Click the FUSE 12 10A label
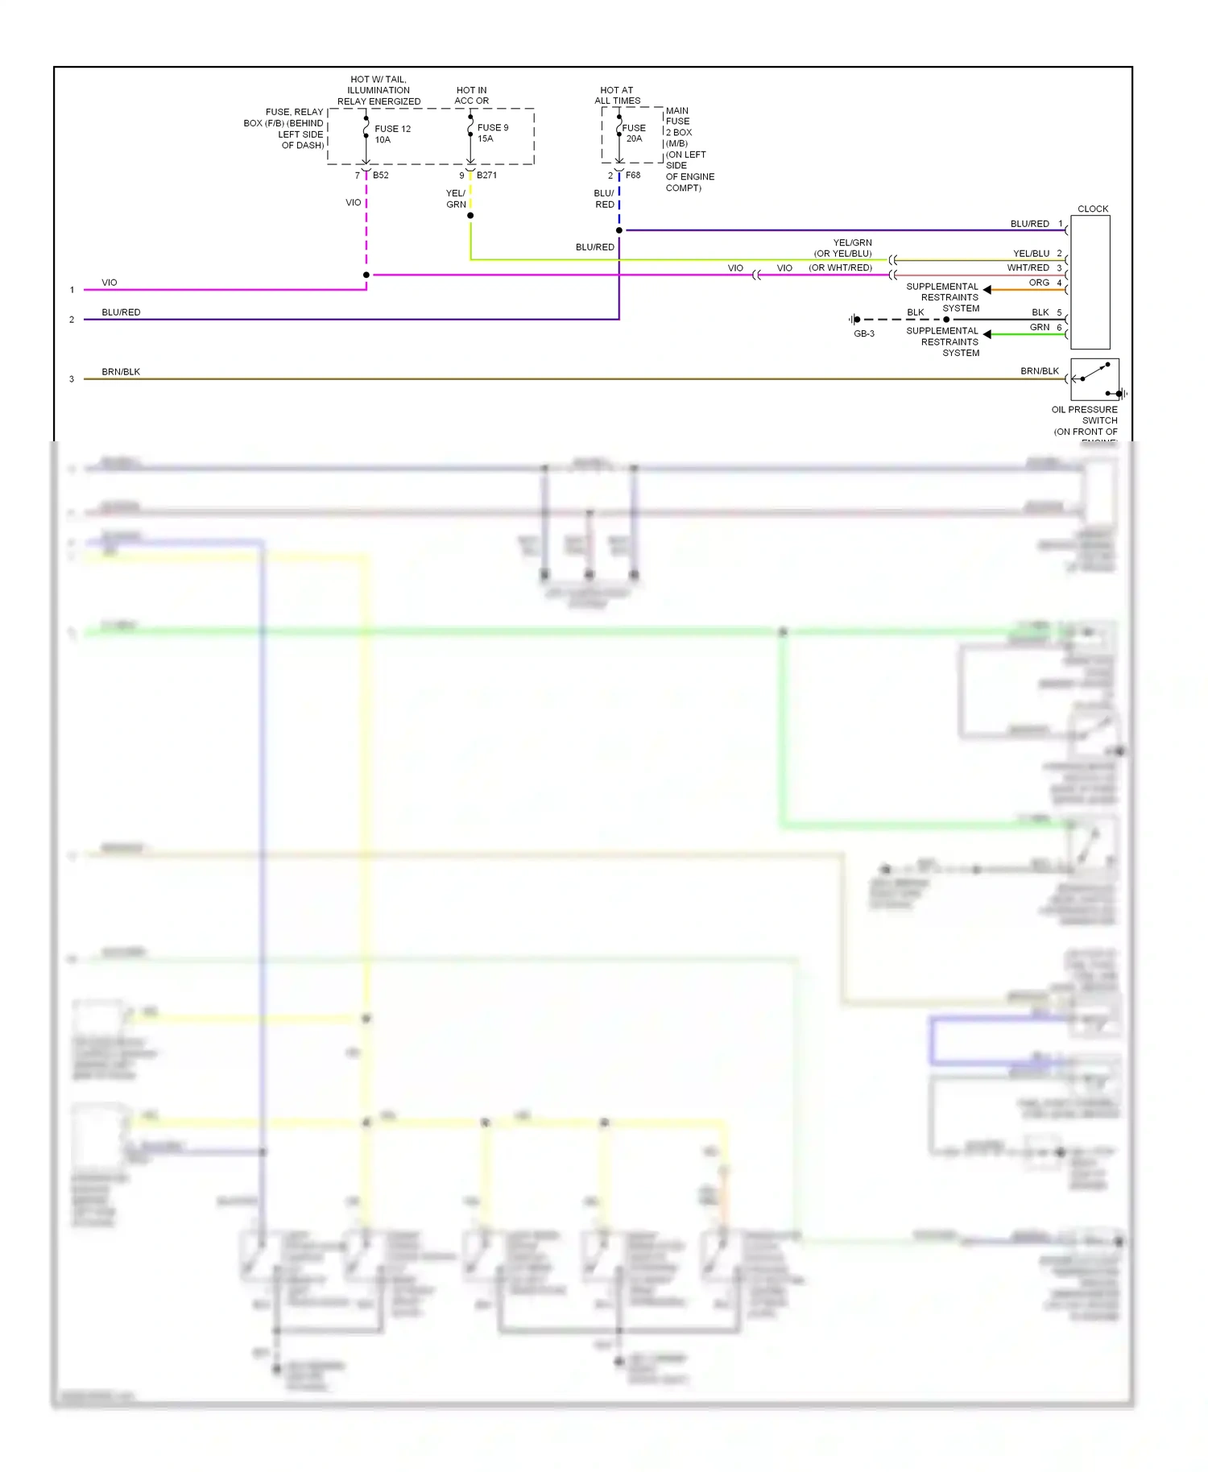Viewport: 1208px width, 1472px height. (392, 134)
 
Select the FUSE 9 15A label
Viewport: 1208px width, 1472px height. (492, 133)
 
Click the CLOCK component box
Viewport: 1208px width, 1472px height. (1090, 282)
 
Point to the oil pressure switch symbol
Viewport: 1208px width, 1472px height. (1094, 379)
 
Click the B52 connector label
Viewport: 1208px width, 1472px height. (380, 175)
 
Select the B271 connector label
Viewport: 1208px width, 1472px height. (486, 175)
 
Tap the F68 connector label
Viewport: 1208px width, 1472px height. (633, 175)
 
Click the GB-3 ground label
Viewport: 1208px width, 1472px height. (864, 333)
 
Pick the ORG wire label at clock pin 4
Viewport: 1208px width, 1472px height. (1039, 283)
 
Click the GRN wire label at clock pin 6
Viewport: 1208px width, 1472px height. (1040, 327)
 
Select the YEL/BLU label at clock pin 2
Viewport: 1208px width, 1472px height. (1031, 254)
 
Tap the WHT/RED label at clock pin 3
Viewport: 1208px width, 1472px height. (1028, 267)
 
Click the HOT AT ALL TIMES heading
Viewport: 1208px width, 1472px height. (617, 95)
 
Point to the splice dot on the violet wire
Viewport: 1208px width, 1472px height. (366, 275)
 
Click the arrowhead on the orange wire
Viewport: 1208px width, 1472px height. (987, 289)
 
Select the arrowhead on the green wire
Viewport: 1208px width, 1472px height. (987, 333)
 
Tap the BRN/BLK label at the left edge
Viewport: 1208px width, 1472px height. (121, 372)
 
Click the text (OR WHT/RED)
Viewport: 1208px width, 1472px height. (840, 268)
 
